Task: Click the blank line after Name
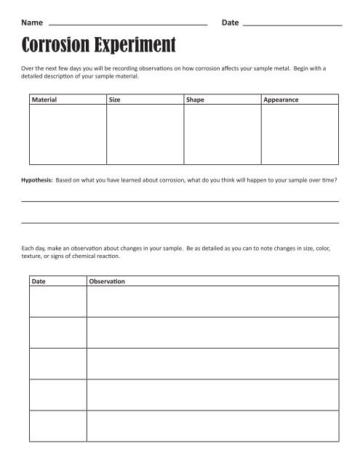[127, 25]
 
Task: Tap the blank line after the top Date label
[291, 25]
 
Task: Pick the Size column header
[115, 100]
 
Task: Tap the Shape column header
[196, 100]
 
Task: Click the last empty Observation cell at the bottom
[212, 426]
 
